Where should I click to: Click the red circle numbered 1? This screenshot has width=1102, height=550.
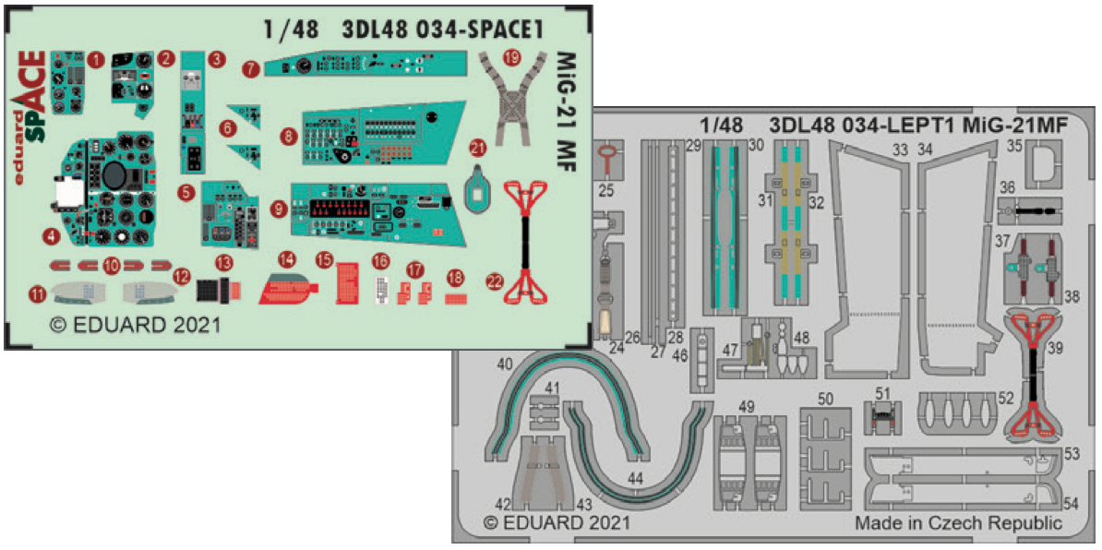coord(97,59)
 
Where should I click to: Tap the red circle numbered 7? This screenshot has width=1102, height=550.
coord(251,69)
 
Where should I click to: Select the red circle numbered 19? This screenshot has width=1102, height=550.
coord(512,57)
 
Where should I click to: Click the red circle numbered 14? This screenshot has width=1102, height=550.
coord(288,260)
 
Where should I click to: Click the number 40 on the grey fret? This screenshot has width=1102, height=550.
coord(505,365)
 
